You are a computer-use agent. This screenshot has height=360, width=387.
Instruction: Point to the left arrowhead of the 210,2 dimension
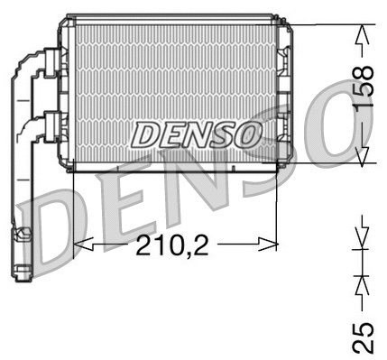[x=78, y=244]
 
